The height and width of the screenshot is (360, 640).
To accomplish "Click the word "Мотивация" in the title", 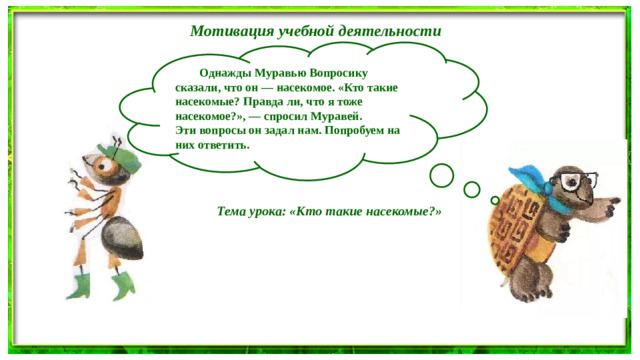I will (x=225, y=30).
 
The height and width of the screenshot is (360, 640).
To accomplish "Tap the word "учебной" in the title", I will (x=300, y=30).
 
